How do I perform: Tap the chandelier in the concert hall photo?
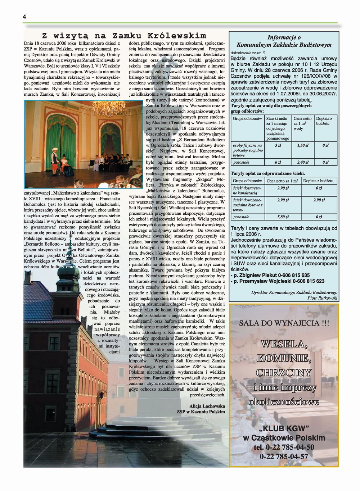click(104, 107)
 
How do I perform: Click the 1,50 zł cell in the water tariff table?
click(303, 145)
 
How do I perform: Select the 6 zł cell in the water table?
click(278, 162)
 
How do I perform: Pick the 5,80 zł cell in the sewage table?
click(283, 217)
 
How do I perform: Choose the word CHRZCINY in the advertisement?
click(284, 373)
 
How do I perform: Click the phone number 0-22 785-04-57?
click(284, 456)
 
